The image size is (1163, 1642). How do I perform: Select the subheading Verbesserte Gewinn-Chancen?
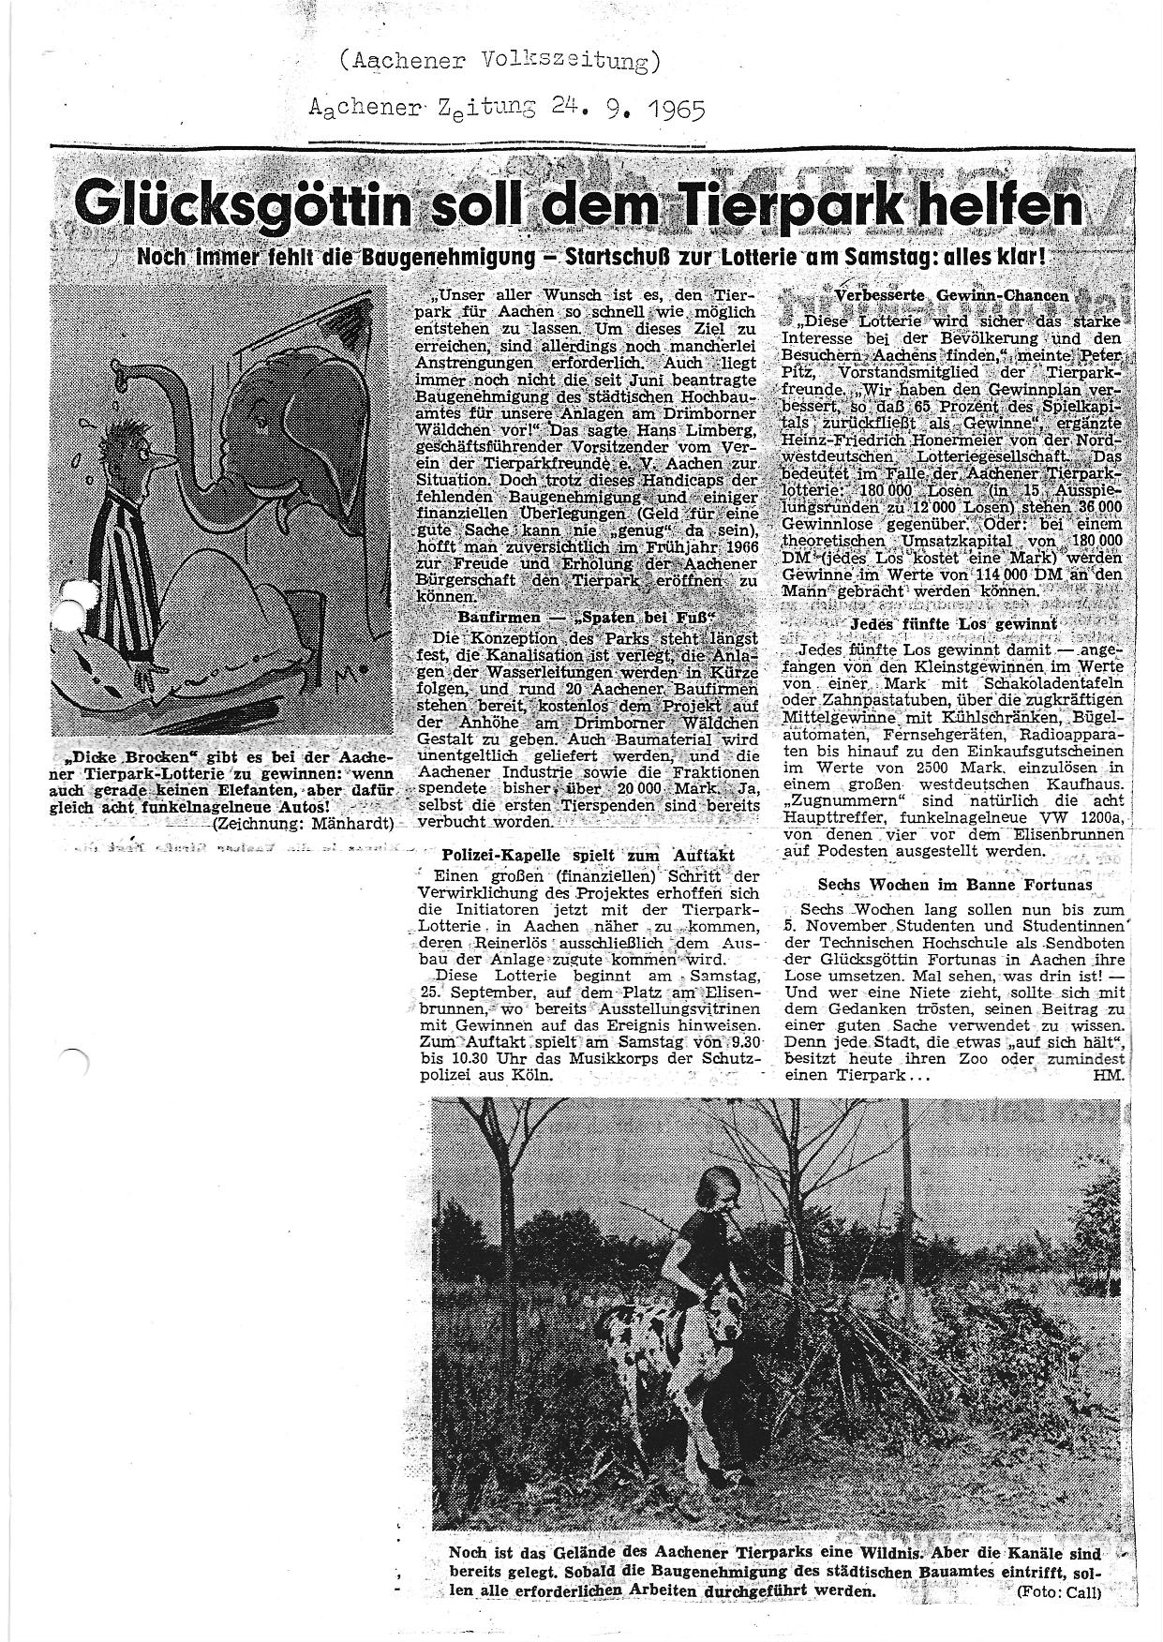pos(951,295)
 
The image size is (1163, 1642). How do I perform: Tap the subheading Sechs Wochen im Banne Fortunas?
pos(954,884)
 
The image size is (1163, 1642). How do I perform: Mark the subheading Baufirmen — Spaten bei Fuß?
pos(587,619)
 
